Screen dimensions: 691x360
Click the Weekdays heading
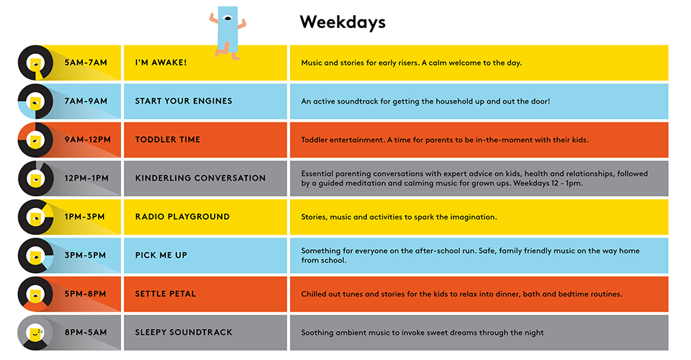(343, 22)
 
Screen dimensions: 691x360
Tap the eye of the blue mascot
(228, 19)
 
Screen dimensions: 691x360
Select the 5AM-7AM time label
(86, 63)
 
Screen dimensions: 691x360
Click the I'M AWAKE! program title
(161, 63)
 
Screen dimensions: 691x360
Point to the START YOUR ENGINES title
(184, 101)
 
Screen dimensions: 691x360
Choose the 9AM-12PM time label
(88, 140)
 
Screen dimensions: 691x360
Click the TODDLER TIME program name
(168, 140)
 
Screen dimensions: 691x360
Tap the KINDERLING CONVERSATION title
(201, 178)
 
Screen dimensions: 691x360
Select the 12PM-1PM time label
(86, 178)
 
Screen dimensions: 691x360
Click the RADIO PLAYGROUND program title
(182, 217)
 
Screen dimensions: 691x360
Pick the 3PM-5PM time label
(85, 255)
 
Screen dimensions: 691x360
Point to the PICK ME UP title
(161, 255)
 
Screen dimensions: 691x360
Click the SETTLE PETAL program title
(166, 294)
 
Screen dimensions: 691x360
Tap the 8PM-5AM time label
(86, 332)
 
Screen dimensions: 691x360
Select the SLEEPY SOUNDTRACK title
(184, 332)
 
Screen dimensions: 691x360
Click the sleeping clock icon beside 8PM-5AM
(36, 333)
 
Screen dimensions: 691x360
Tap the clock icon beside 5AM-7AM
(36, 63)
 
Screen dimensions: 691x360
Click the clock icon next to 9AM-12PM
(36, 140)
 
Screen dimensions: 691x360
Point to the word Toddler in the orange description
(315, 140)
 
